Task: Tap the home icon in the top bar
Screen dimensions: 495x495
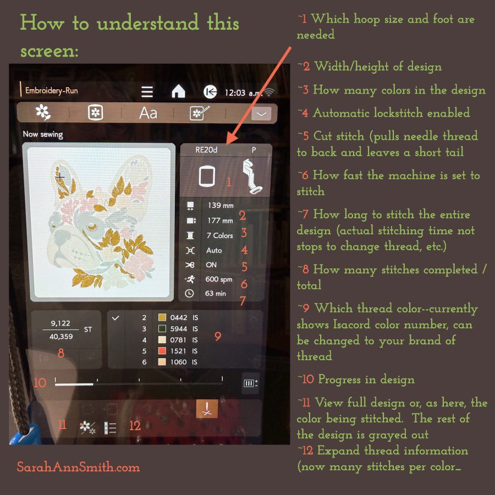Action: tap(178, 91)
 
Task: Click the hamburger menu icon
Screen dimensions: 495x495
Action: tap(147, 92)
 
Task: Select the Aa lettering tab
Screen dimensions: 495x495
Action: tap(148, 113)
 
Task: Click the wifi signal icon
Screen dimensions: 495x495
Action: tap(269, 92)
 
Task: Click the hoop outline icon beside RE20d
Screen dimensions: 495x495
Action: tap(207, 176)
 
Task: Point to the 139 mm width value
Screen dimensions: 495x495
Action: tap(221, 206)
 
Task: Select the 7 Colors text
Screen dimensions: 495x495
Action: tap(219, 235)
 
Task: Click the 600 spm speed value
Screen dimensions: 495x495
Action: tap(219, 279)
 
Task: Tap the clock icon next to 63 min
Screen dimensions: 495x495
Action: tap(189, 294)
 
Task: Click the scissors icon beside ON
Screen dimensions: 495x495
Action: tap(190, 265)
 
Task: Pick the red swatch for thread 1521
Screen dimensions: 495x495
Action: tap(162, 351)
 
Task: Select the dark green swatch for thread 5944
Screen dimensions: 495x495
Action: tap(162, 329)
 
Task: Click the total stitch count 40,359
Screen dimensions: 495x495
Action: tap(61, 337)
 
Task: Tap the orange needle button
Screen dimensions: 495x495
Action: tap(207, 409)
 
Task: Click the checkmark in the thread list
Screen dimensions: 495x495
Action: tap(116, 318)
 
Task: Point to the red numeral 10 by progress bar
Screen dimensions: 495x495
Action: tap(40, 383)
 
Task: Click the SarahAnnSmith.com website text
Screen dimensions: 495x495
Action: tap(78, 467)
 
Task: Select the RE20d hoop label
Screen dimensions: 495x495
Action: tap(206, 150)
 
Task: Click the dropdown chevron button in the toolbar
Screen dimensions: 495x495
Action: tap(261, 114)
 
